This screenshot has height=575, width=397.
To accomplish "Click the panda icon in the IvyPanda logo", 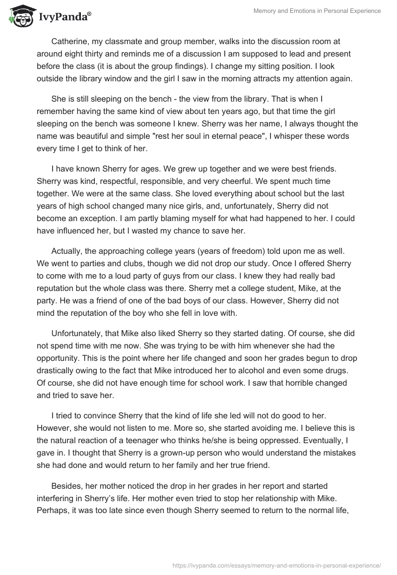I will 20,16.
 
